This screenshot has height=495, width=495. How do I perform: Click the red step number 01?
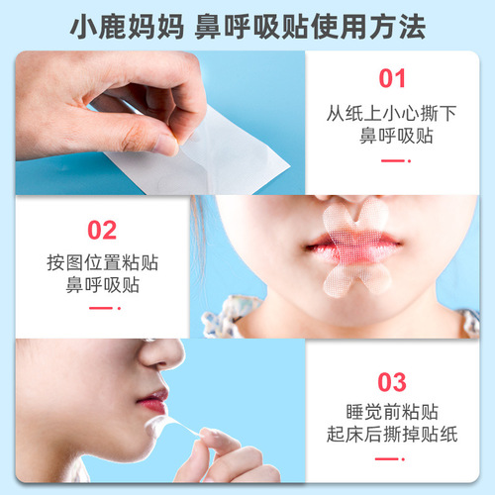pos(394,78)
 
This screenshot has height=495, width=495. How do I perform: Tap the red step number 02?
pos(102,230)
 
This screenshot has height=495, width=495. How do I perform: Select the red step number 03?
pos(393,382)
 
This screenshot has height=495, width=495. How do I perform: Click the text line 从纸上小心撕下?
pos(394,114)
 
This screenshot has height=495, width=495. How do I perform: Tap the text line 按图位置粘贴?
pos(102,264)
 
